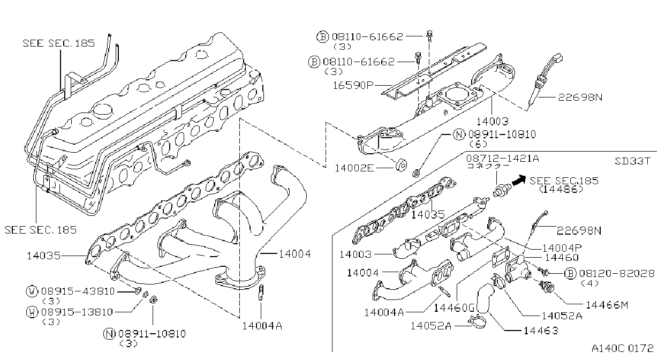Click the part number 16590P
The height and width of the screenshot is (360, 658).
[353, 85]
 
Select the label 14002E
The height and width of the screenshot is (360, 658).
[354, 168]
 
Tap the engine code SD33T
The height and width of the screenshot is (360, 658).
[632, 161]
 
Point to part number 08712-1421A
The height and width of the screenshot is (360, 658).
[503, 159]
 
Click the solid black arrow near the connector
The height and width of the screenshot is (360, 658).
[519, 180]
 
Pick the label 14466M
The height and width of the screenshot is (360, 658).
[607, 305]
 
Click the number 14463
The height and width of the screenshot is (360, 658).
[541, 331]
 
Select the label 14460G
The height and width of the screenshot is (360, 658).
[454, 307]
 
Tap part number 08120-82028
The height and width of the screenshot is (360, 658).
[617, 273]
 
